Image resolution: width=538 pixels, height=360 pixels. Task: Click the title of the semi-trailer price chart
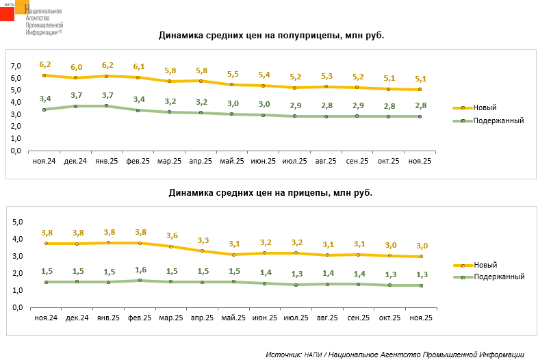click(x=271, y=36)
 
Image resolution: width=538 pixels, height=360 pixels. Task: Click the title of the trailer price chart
click(x=270, y=193)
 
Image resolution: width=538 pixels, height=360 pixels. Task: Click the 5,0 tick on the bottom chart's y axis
click(x=18, y=222)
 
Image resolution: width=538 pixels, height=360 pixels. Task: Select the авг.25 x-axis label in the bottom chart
click(x=325, y=318)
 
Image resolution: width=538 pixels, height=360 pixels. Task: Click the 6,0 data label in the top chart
click(x=76, y=67)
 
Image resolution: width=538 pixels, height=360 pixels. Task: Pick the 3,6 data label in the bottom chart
click(x=171, y=235)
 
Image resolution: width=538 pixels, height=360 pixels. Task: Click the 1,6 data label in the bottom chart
click(x=140, y=270)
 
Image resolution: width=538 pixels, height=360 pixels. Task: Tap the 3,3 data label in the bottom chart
click(x=202, y=240)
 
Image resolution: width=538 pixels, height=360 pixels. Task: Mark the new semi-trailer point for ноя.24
click(x=44, y=75)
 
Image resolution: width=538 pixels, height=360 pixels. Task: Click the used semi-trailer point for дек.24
click(x=75, y=106)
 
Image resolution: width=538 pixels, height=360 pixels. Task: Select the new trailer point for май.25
click(x=233, y=255)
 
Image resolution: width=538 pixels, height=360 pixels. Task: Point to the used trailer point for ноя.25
click(x=420, y=285)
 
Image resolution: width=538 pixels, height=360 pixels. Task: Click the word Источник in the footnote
click(x=283, y=355)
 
